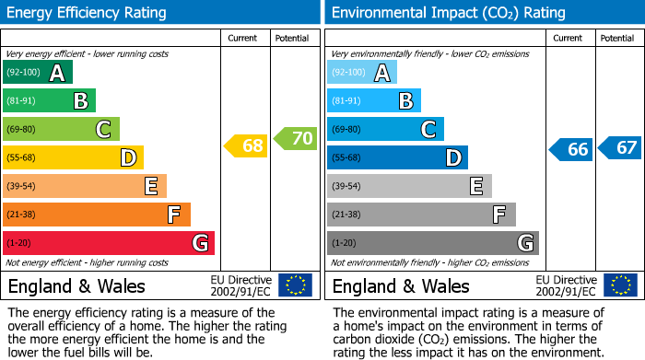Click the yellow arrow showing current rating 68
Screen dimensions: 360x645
[246, 145]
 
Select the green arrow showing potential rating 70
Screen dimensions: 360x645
[295, 139]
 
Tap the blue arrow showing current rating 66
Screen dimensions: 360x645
[570, 149]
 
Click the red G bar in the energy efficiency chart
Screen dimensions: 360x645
[109, 243]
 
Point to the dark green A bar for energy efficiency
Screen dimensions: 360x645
[38, 73]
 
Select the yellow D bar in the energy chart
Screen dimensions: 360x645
[73, 158]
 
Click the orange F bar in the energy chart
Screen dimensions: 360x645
[97, 215]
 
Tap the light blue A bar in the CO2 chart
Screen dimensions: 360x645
[362, 73]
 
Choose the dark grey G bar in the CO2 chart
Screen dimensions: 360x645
[432, 243]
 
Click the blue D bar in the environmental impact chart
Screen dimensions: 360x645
[397, 158]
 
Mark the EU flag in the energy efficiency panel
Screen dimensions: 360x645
[295, 285]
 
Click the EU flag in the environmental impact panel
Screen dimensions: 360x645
[619, 285]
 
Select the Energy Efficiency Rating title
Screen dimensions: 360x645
[88, 13]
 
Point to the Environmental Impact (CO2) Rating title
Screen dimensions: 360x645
[448, 13]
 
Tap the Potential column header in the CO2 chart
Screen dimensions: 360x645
[617, 38]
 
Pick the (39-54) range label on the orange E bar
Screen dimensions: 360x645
[20, 187]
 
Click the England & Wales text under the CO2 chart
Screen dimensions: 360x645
[401, 286]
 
